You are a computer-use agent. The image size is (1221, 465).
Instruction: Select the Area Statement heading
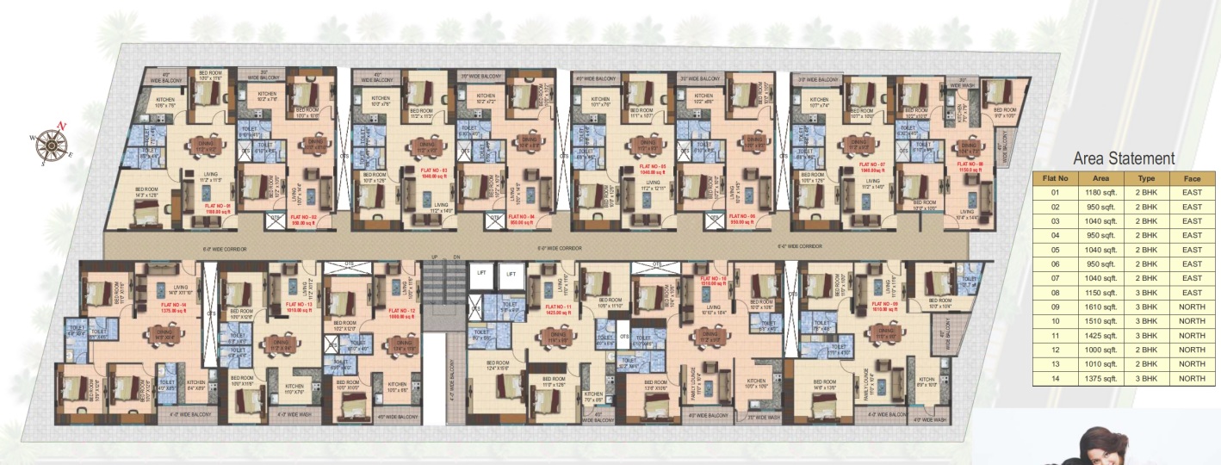point(1124,158)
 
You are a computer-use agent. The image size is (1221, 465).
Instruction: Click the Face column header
point(1193,179)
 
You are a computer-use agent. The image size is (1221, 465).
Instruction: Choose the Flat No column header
point(1055,179)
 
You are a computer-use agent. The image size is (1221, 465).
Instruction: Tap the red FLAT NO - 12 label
point(402,312)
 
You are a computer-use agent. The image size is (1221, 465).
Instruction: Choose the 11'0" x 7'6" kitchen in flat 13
point(294,387)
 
